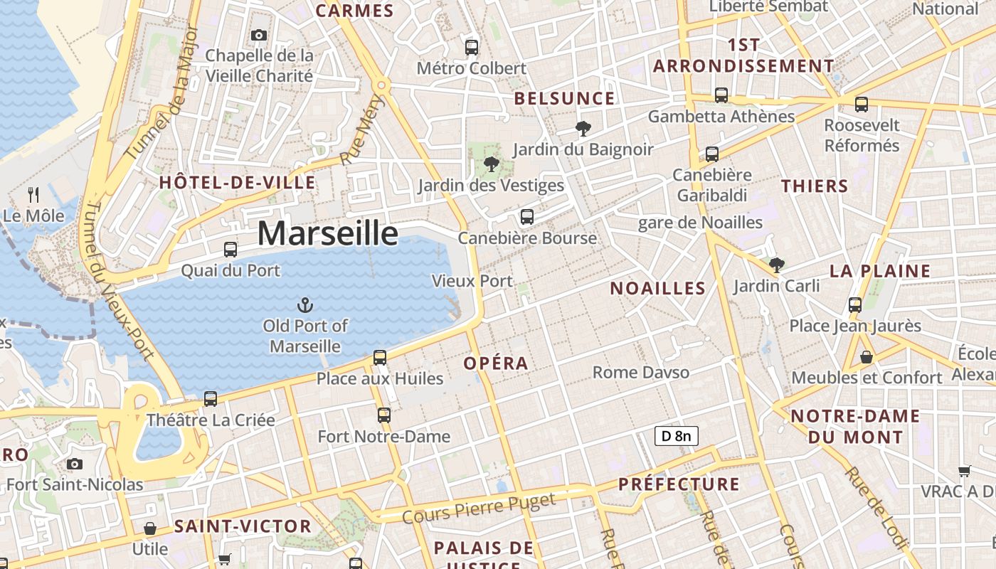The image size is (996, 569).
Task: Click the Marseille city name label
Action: click(327, 233)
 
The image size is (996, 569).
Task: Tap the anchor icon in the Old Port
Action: click(304, 306)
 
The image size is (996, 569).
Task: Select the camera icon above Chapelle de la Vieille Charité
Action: click(259, 35)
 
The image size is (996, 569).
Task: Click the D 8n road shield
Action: click(676, 436)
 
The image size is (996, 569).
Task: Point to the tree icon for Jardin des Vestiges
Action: click(491, 165)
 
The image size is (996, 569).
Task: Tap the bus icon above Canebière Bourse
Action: click(526, 217)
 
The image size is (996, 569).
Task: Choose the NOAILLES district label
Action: click(657, 288)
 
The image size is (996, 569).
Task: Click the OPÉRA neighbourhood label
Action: click(496, 363)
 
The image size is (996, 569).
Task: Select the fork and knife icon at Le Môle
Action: click(33, 195)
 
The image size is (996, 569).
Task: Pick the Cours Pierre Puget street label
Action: click(478, 509)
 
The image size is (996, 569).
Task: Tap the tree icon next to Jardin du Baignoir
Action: click(583, 129)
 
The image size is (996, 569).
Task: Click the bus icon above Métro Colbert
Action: click(471, 48)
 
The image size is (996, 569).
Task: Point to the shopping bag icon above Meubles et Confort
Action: click(866, 357)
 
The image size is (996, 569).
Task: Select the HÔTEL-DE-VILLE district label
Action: click(237, 183)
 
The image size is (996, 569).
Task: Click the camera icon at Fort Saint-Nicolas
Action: click(74, 464)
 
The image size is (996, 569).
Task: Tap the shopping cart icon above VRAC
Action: click(964, 470)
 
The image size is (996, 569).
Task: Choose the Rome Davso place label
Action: click(640, 372)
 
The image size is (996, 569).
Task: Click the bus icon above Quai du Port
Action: click(231, 250)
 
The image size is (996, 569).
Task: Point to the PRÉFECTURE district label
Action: click(679, 484)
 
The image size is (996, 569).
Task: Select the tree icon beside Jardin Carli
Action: click(777, 265)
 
